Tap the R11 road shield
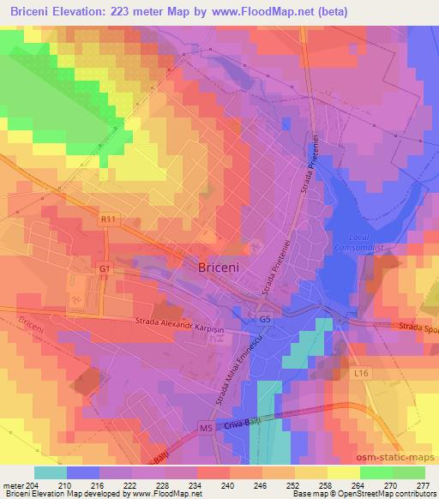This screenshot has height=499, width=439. point(107,220)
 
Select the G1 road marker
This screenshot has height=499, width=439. point(104,268)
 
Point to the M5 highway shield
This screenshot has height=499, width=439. point(205,425)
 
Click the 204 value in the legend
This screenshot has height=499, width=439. point(32,485)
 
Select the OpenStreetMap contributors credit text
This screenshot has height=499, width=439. point(390,495)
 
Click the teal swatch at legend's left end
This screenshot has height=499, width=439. point(51,472)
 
